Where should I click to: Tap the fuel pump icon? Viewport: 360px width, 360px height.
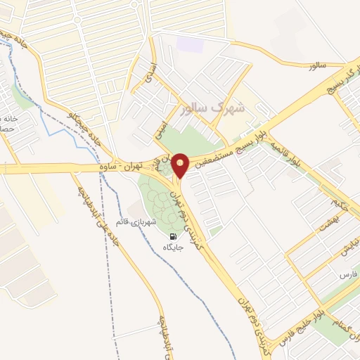[173, 236]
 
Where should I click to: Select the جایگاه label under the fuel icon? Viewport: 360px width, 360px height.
[173, 248]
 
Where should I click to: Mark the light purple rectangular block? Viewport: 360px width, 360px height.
[188, 44]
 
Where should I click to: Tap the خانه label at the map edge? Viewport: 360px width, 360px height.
[7, 119]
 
